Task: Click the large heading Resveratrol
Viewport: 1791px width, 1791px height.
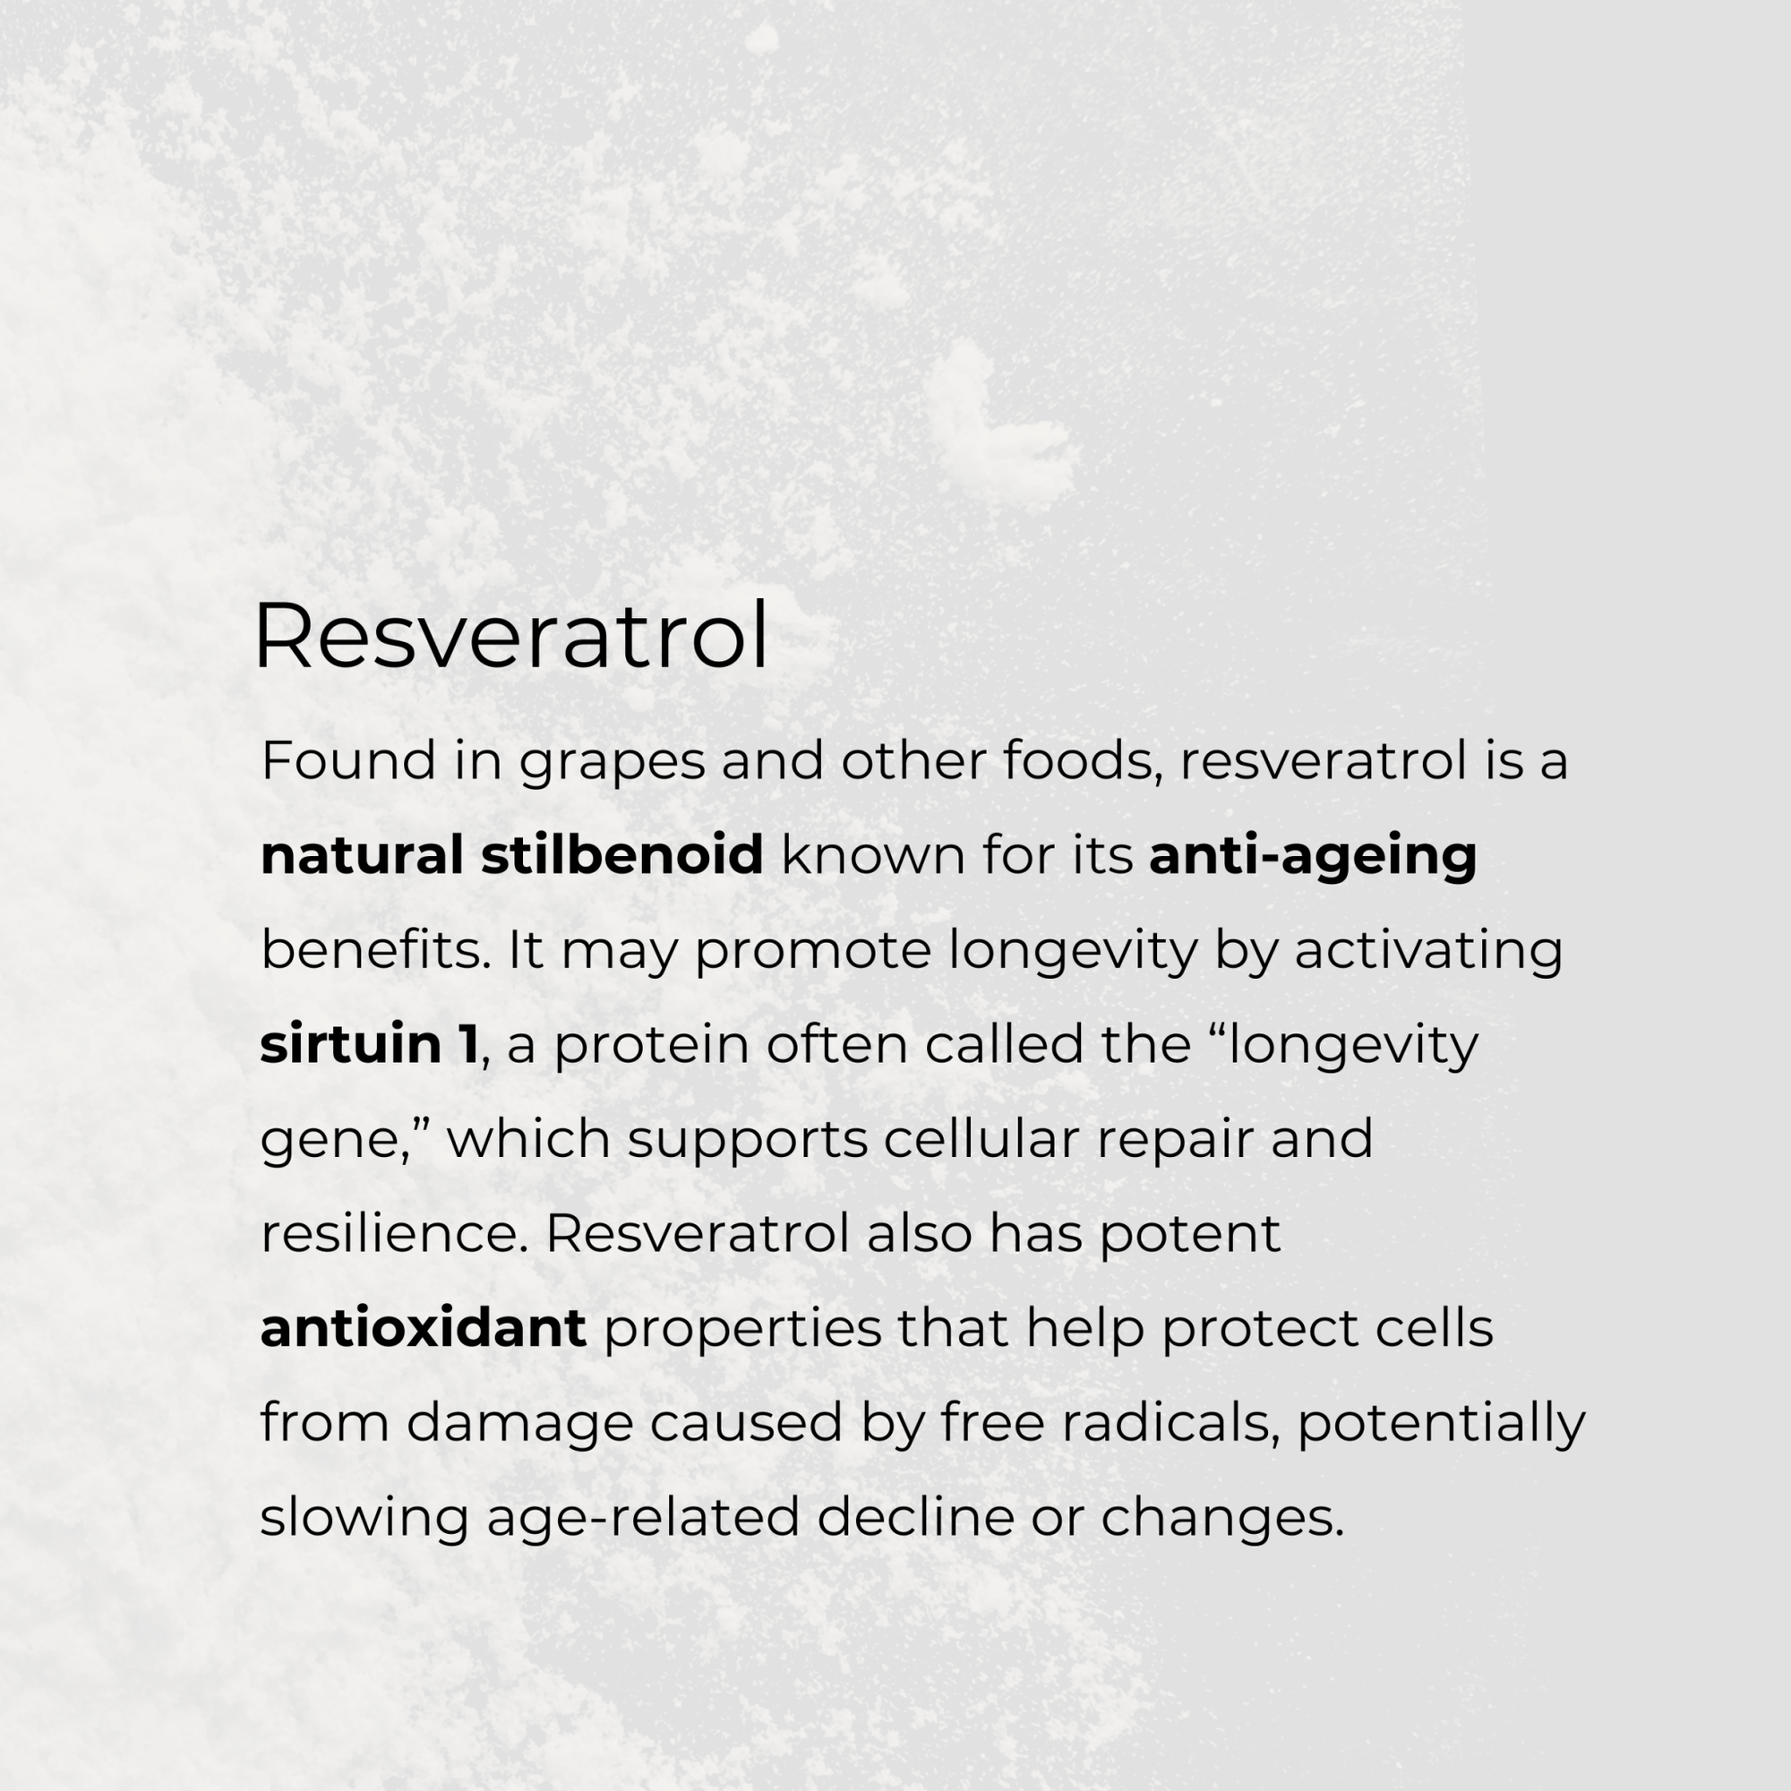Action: (x=510, y=636)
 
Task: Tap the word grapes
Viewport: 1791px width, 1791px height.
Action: (x=611, y=762)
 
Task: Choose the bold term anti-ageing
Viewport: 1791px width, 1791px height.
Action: (x=1313, y=857)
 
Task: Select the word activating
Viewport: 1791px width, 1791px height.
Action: (x=1428, y=952)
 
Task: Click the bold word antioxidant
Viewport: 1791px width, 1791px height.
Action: (x=423, y=1328)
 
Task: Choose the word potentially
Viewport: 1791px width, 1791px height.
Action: (x=1442, y=1425)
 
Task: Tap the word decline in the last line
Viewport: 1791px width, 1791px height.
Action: (x=915, y=1518)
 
